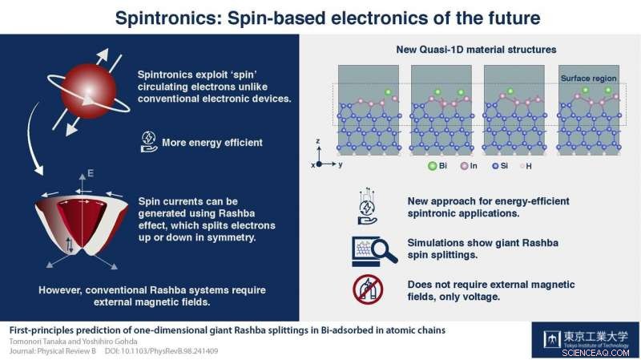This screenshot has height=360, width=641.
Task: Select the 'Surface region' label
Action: click(x=583, y=77)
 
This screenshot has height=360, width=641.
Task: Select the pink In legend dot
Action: click(x=465, y=169)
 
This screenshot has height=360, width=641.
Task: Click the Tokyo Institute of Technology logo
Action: click(x=565, y=340)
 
